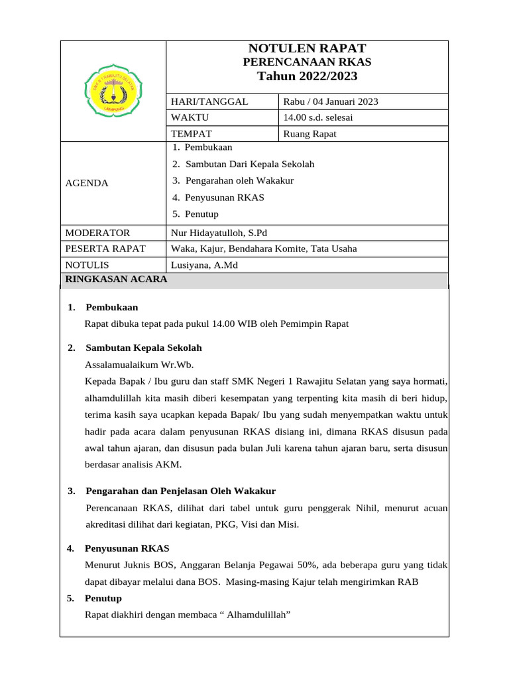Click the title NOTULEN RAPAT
coord(307,48)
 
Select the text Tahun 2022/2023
coord(307,76)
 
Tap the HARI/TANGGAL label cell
coord(209,101)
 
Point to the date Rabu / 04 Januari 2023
coord(330,101)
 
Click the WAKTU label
coord(190,117)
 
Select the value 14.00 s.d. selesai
coord(317,117)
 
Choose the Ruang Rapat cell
coord(310,134)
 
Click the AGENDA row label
coord(86,183)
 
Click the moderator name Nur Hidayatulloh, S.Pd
coord(219,233)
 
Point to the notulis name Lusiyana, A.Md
coord(204,265)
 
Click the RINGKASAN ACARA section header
coord(116,279)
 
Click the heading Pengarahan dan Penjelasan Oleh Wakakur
coord(180,491)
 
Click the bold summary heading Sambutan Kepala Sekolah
coord(144,347)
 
